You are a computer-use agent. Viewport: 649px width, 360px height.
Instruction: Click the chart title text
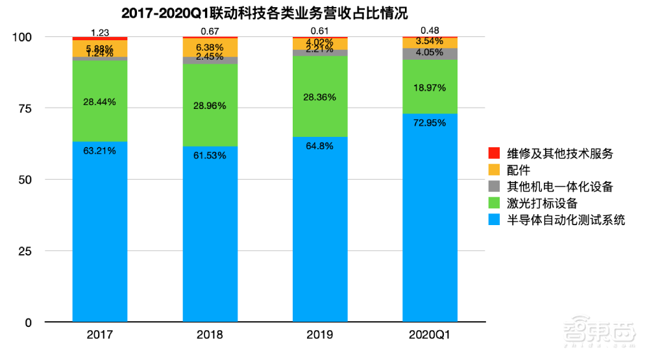point(263,13)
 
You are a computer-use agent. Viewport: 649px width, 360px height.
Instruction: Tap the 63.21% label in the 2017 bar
point(99,151)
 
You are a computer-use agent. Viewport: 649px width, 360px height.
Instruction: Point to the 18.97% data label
point(430,87)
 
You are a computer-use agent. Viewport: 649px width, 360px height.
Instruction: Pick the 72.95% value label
point(430,123)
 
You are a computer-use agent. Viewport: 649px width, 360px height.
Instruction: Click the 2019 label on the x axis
point(319,335)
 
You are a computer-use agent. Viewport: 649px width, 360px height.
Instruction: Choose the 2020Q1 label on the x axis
point(430,335)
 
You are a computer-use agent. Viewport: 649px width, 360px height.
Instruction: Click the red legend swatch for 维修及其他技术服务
point(495,154)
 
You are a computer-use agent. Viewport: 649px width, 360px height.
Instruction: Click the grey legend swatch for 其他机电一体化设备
point(495,187)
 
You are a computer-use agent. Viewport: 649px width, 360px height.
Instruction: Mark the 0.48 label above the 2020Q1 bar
point(430,30)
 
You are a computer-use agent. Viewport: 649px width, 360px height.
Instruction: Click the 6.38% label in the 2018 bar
point(210,47)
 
